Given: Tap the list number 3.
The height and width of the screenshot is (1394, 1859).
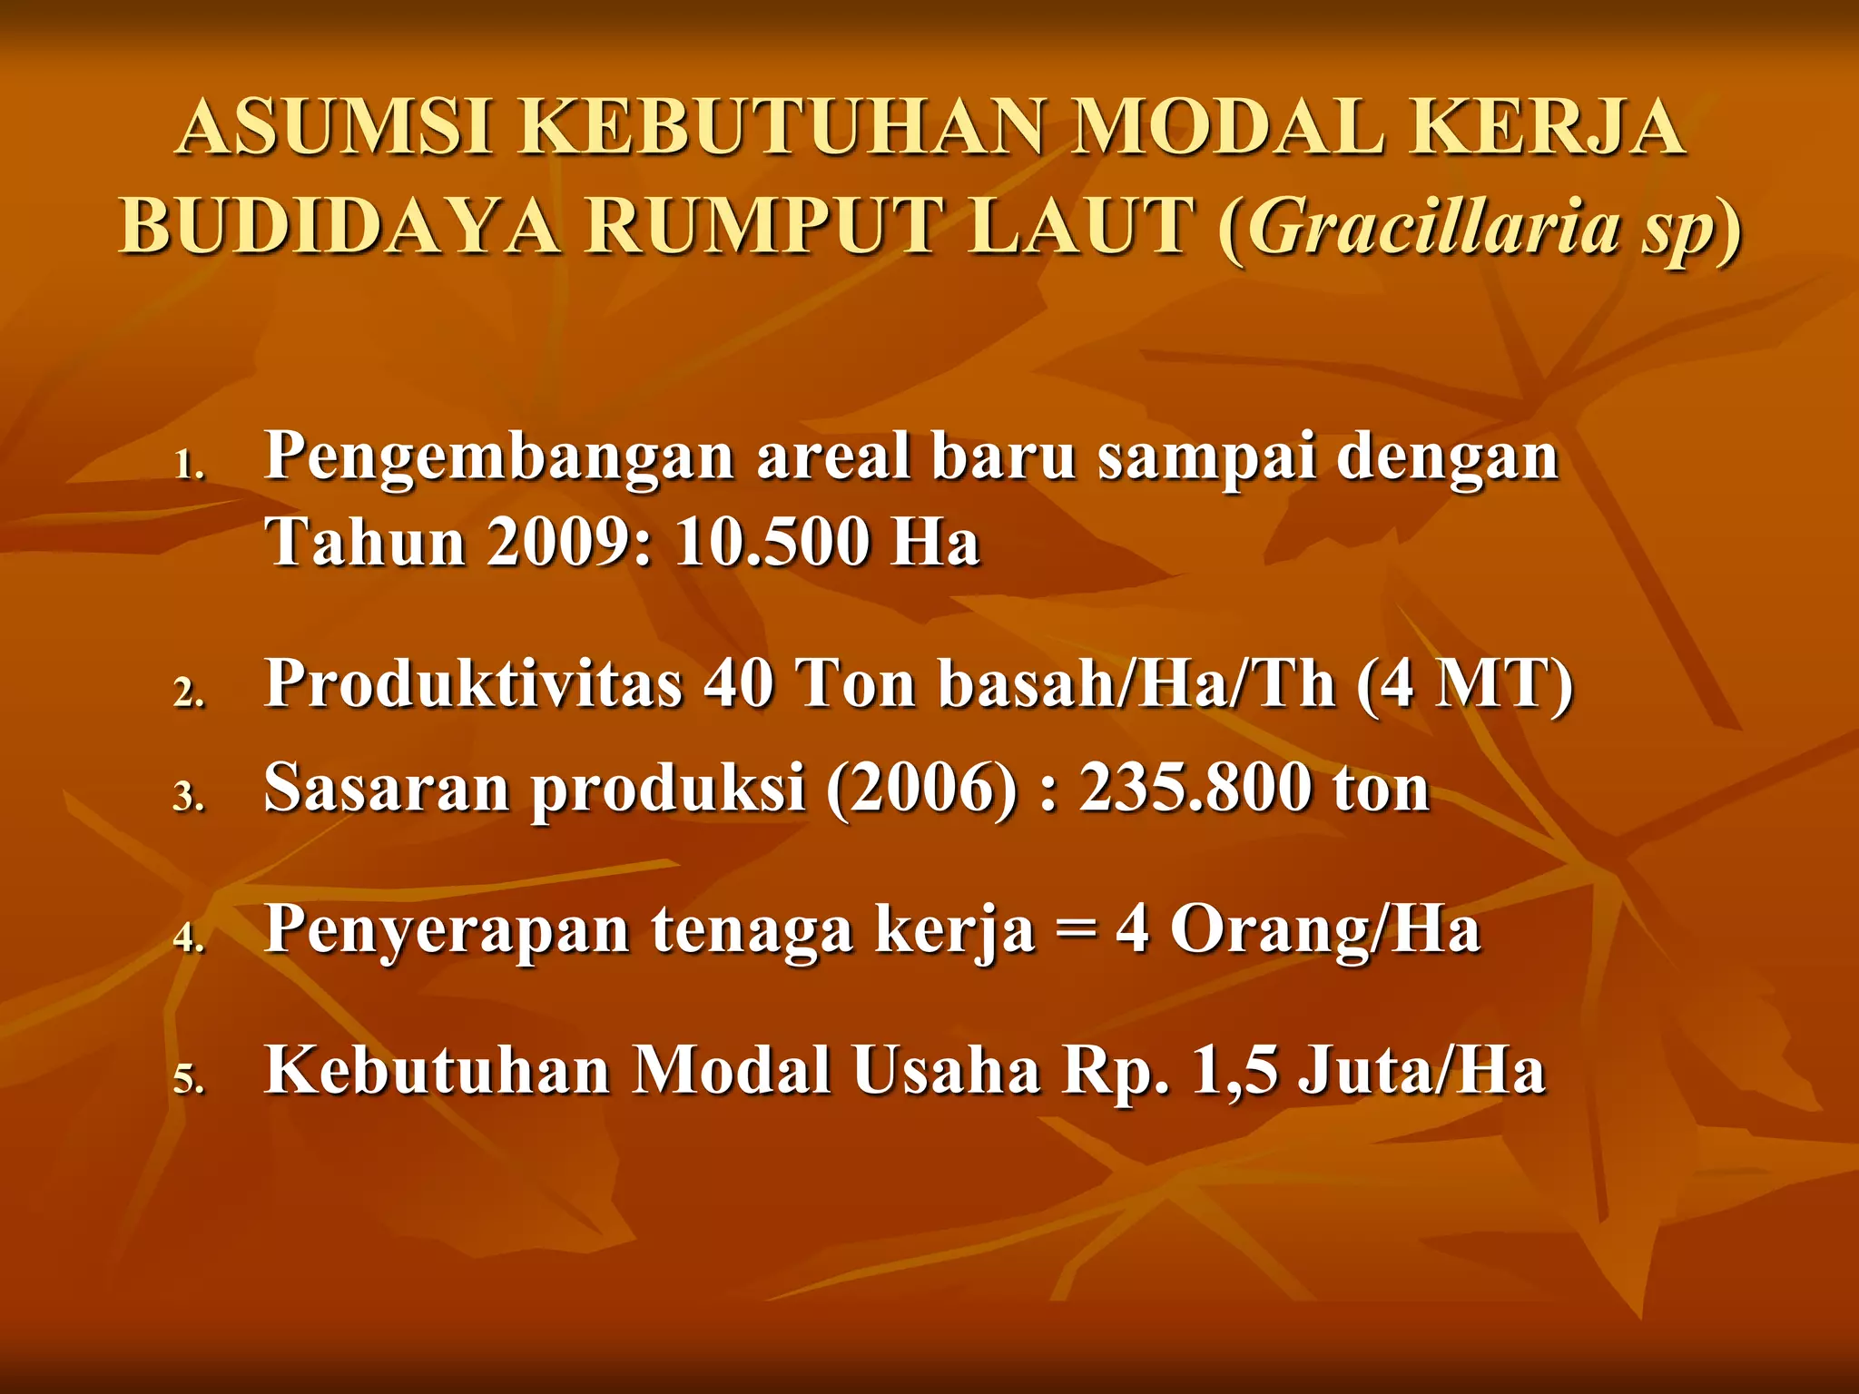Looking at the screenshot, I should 189,797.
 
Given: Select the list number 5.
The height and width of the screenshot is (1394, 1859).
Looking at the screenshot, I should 189,1080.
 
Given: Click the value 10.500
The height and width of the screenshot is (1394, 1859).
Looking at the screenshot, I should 771,543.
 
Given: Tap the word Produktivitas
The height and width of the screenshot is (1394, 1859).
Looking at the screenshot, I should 473,682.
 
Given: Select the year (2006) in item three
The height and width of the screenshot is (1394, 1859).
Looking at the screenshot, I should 921,788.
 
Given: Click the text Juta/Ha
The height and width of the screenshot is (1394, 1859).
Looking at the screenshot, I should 1421,1071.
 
